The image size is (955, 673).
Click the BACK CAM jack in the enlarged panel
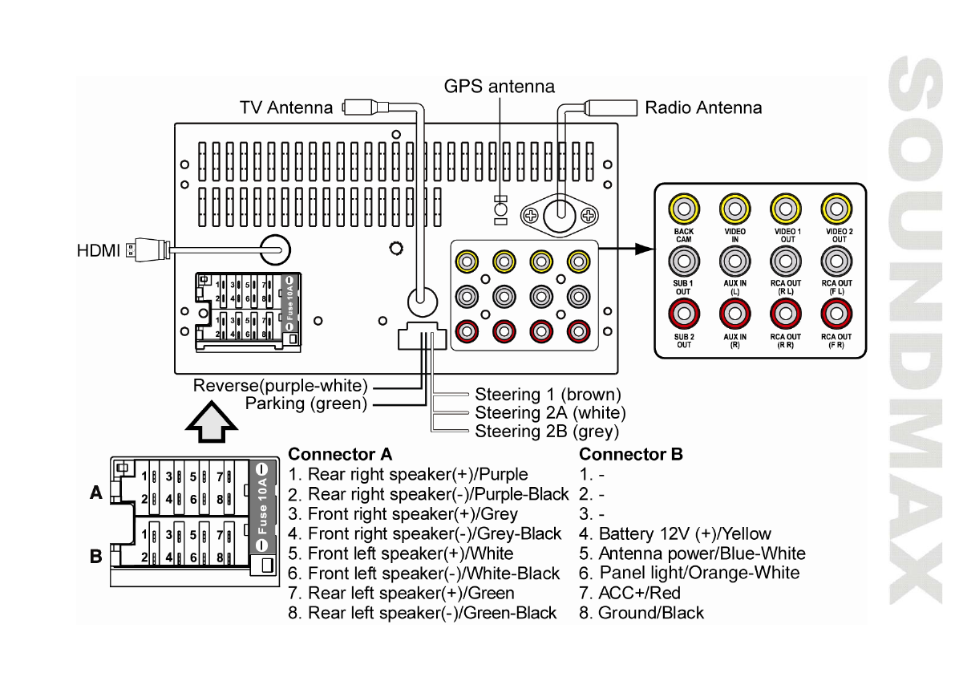pos(684,210)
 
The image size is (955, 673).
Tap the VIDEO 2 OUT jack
pos(836,210)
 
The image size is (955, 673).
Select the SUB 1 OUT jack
pos(684,261)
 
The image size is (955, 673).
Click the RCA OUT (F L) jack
pos(836,261)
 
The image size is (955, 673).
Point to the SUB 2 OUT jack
pos(684,312)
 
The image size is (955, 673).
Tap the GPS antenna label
pos(499,86)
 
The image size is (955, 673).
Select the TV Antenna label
pos(286,107)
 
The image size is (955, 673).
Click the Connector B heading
pos(631,455)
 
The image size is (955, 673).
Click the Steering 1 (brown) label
pos(548,395)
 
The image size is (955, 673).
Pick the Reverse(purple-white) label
pos(280,385)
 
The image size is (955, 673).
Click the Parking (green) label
pos(306,403)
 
